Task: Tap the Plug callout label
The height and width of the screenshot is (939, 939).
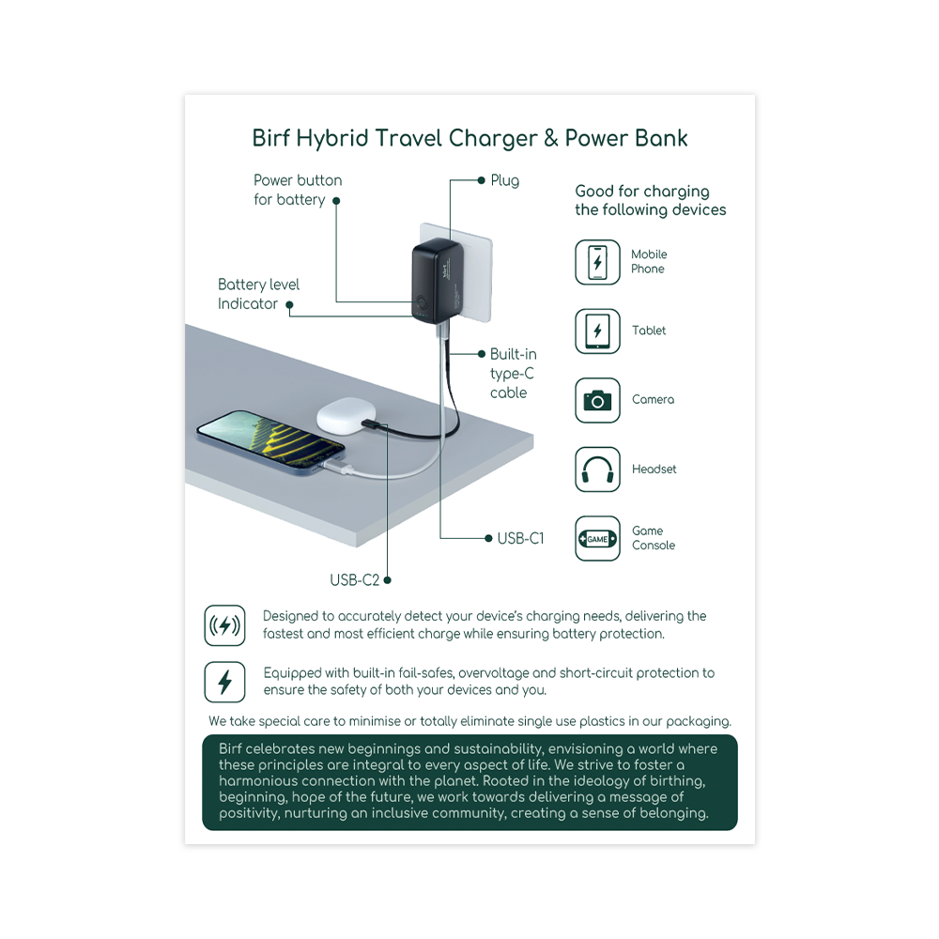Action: (504, 180)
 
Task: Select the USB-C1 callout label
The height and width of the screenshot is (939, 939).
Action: (520, 538)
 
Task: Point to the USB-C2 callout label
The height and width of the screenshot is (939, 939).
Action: (354, 580)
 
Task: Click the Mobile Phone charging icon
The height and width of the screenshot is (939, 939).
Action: (597, 262)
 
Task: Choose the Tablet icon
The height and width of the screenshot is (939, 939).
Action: (597, 331)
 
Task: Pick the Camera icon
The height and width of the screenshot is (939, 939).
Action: (597, 400)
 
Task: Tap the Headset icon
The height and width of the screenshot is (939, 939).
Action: (597, 469)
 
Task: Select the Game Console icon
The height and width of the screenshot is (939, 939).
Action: (597, 539)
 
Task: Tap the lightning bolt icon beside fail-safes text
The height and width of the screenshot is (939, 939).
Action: (224, 682)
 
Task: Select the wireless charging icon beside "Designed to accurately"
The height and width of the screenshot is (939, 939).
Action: (224, 625)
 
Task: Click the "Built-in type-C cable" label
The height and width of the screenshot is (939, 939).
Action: (513, 374)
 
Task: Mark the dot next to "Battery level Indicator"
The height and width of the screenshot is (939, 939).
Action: (289, 304)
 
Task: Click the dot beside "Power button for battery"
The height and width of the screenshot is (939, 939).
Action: (336, 200)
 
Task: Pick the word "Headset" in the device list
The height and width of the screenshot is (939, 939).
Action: (654, 469)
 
